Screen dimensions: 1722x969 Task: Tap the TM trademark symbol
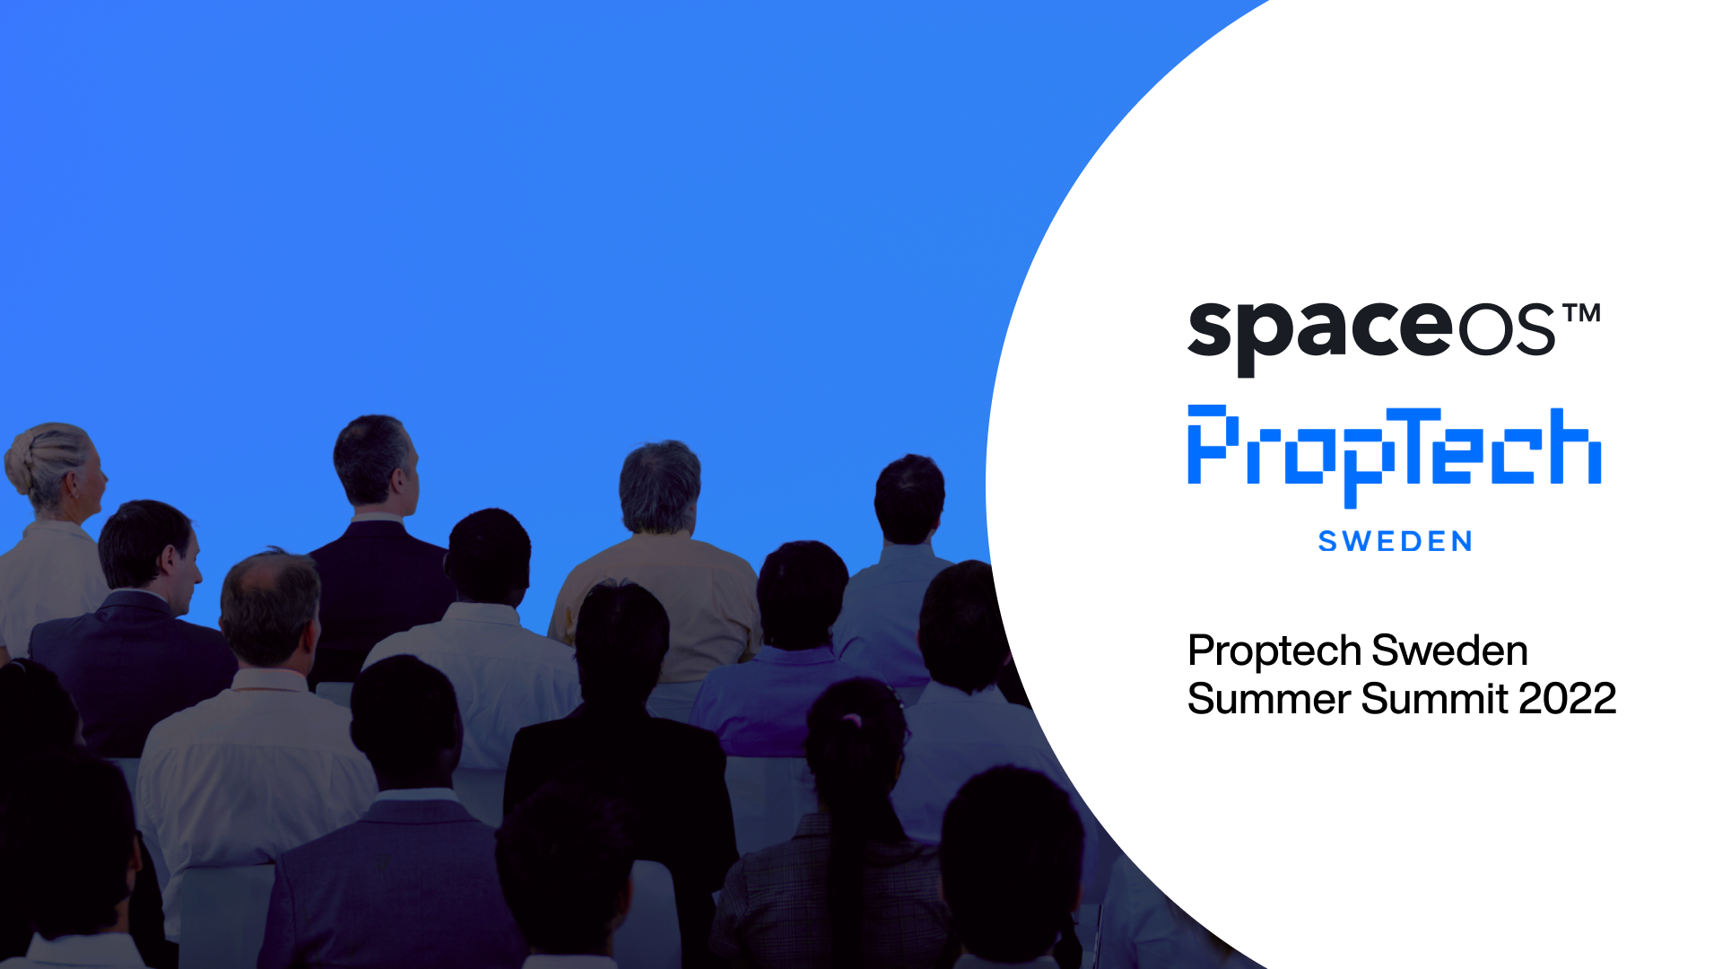tap(1581, 313)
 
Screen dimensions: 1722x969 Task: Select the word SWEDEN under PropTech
tap(1395, 541)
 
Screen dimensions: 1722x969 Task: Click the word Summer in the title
tap(1268, 699)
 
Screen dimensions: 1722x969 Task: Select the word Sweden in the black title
tap(1449, 650)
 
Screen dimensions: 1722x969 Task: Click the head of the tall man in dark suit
tap(376, 462)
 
